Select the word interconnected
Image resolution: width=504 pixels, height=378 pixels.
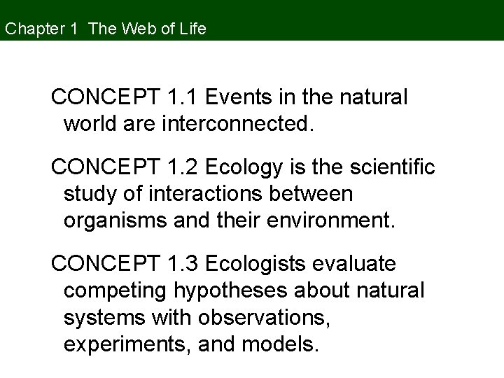(x=237, y=124)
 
